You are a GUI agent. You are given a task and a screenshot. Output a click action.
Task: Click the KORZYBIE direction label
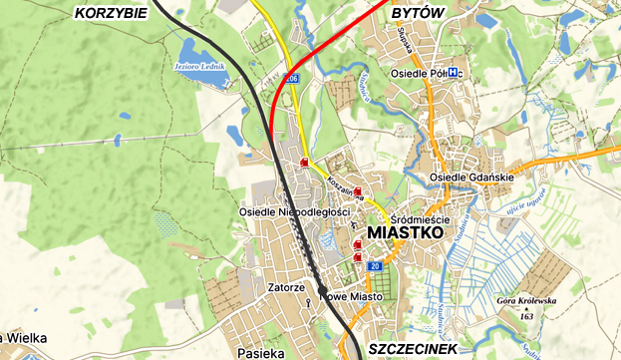[x=111, y=12]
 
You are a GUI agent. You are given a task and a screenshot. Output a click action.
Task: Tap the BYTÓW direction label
[x=417, y=11]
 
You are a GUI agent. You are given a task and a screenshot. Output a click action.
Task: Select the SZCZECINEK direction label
[x=412, y=348]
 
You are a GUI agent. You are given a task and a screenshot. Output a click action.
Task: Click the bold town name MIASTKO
[x=405, y=231]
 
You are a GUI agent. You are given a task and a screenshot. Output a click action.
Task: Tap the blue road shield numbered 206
[x=291, y=77]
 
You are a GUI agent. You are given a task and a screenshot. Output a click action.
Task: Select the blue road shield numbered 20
[x=375, y=266]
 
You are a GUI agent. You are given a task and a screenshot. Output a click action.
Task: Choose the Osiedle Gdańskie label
[x=470, y=178]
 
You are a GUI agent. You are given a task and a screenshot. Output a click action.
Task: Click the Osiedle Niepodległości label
[x=294, y=211]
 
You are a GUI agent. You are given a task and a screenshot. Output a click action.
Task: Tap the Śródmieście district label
[x=422, y=218]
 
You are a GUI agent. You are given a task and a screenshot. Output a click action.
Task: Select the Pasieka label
[x=262, y=352]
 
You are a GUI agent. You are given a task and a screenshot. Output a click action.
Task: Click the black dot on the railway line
[x=322, y=290]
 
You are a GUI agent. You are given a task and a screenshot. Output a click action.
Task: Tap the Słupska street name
[x=405, y=40]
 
